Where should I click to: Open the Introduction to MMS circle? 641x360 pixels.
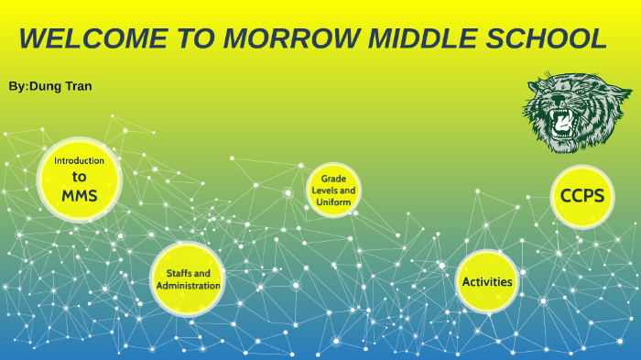pos(80,179)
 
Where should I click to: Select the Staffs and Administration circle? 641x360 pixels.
pos(188,279)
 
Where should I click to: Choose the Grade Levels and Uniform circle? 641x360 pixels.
pos(333,191)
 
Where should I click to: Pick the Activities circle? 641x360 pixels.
pos(486,281)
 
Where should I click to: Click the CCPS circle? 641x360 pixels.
pos(582,196)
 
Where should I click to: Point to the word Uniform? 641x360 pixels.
pos(333,202)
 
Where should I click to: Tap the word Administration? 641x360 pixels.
pos(188,286)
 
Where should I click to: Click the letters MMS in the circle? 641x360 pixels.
pos(80,195)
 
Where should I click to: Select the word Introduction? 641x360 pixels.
pos(80,160)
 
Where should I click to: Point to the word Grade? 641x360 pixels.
pos(333,178)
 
